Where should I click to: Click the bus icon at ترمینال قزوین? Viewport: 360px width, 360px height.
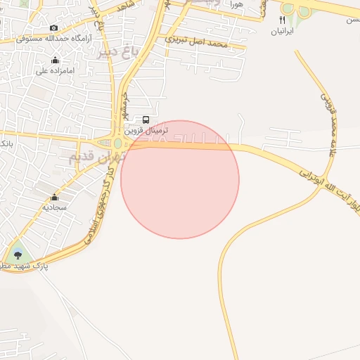pyautogui.click(x=146, y=120)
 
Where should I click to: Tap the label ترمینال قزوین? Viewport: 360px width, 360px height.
pyautogui.click(x=147, y=131)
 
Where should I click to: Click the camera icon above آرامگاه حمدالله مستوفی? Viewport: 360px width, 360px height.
pyautogui.click(x=54, y=28)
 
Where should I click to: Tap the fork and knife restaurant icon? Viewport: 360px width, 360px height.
pyautogui.click(x=284, y=21)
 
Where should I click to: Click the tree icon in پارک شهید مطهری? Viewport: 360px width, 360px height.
pyautogui.click(x=18, y=255)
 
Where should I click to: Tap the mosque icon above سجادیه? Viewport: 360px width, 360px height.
pyautogui.click(x=54, y=197)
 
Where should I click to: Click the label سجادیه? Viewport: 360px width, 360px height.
pyautogui.click(x=53, y=207)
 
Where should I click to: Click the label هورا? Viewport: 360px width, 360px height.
pyautogui.click(x=236, y=5)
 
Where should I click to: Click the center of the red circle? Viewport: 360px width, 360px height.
pyautogui.click(x=180, y=179)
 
